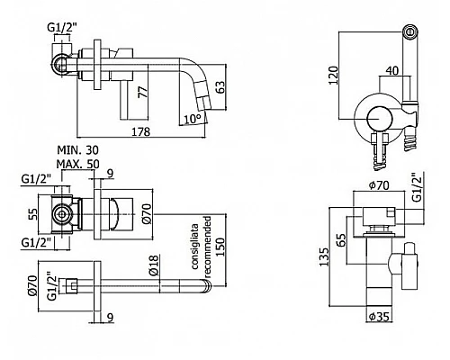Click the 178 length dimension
pyautogui.click(x=141, y=131)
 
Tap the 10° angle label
pyautogui.click(x=192, y=119)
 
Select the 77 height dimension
pyautogui.click(x=143, y=92)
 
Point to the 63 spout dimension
pyautogui.click(x=220, y=87)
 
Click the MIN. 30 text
pyautogui.click(x=77, y=150)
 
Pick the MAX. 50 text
pyautogui.click(x=77, y=164)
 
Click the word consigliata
pyautogui.click(x=194, y=246)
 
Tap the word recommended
pyautogui.click(x=208, y=247)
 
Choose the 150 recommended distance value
pyautogui.click(x=220, y=247)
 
